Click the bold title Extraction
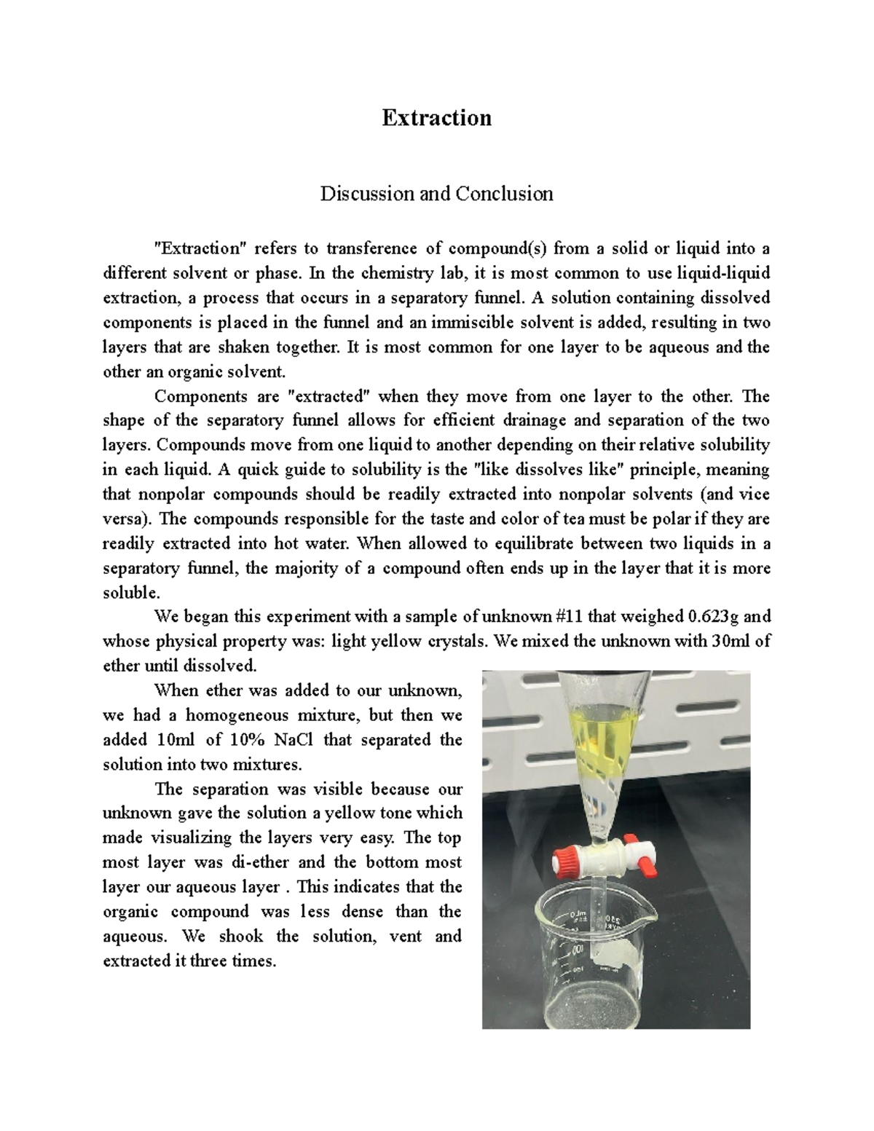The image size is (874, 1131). point(436,118)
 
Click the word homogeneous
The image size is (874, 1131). point(307,715)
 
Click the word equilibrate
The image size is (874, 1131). point(552,544)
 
